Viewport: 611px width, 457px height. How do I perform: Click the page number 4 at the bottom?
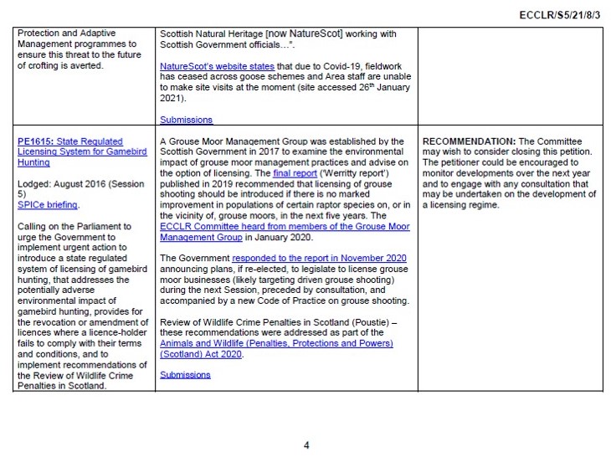pos(305,444)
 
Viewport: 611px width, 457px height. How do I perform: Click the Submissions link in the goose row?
pos(186,120)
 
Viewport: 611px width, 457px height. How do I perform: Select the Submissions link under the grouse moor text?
pos(186,375)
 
